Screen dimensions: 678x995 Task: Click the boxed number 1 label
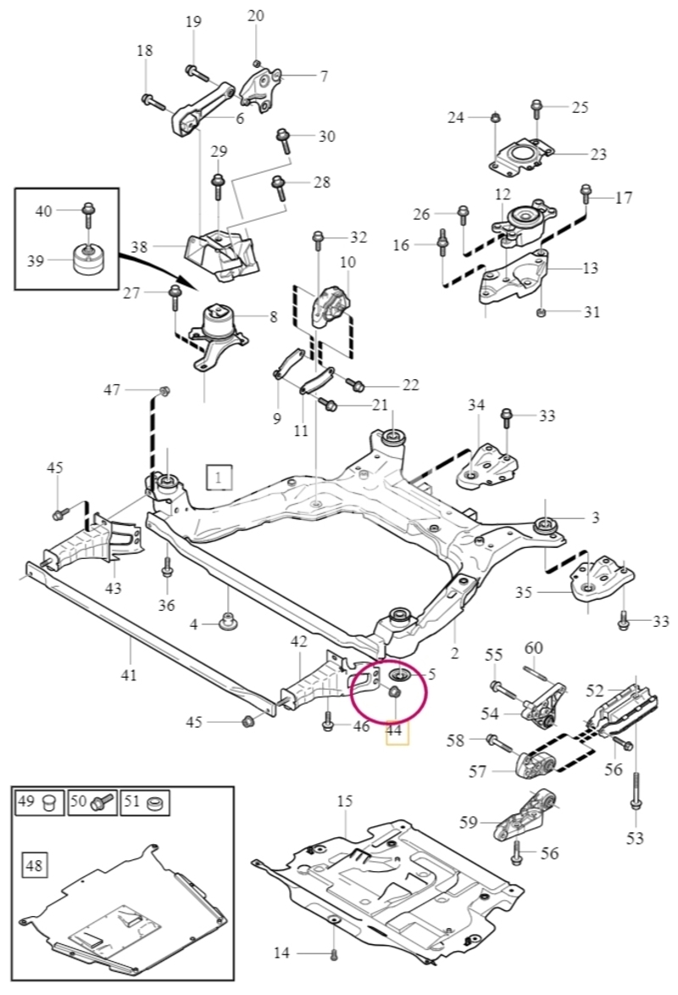[219, 478]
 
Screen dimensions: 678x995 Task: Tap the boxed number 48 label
[34, 865]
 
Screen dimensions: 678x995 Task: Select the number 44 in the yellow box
[394, 731]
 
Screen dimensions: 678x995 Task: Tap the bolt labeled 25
[536, 109]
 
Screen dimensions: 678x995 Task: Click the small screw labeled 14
[335, 953]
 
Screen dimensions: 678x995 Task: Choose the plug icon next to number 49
[48, 802]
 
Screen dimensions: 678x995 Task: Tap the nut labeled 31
[541, 312]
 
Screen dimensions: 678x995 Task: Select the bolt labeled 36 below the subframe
[168, 567]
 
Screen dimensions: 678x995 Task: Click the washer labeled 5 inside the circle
[400, 674]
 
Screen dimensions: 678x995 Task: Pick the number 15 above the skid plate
[344, 801]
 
